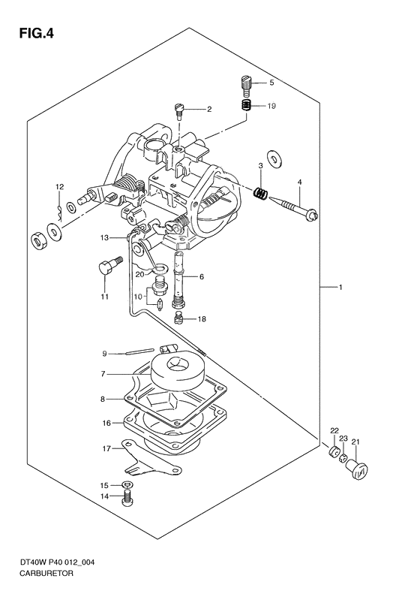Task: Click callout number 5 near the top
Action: (271, 82)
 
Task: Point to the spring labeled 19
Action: (245, 106)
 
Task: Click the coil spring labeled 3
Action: (259, 194)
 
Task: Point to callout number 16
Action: (107, 424)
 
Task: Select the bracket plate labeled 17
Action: (142, 463)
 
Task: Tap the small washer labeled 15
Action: (129, 486)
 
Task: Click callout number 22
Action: (334, 430)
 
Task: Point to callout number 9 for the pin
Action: (106, 353)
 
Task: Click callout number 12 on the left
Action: (58, 186)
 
